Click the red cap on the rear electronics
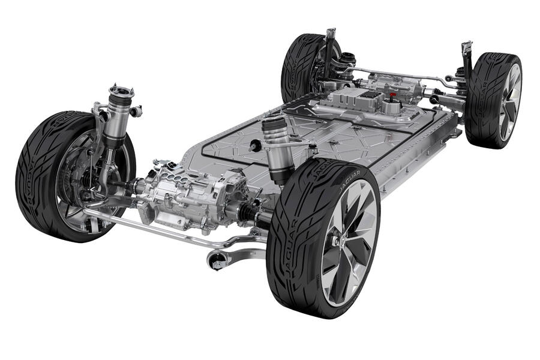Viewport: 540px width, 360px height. tap(392, 94)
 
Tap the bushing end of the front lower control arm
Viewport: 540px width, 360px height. tap(217, 260)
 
